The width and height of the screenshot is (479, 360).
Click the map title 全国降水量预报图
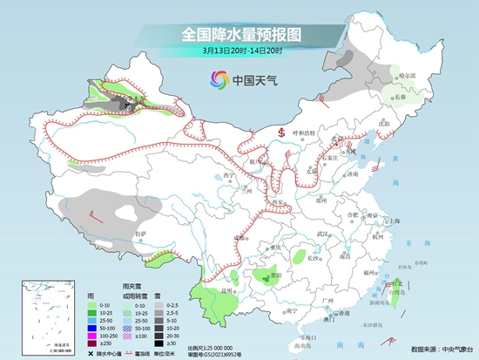[x=240, y=34]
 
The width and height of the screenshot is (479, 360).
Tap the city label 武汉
[x=323, y=233]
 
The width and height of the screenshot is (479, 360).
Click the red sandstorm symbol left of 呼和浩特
[x=282, y=132]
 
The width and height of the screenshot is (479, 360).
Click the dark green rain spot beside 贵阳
[x=261, y=279]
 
